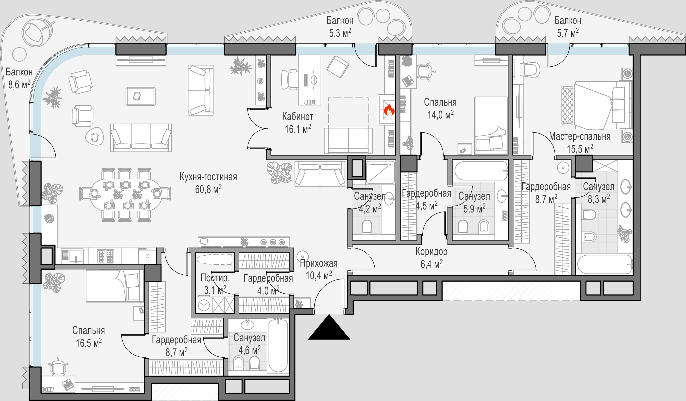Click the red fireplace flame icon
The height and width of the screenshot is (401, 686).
coord(389,110)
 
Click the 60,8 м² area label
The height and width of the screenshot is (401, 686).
coord(208,189)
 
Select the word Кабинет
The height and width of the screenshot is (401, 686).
coord(298,116)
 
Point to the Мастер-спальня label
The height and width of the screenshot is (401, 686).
coord(580,136)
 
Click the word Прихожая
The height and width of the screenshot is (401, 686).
coord(319,263)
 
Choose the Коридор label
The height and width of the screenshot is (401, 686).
coord(432,252)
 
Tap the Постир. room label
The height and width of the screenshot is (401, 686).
coord(215,278)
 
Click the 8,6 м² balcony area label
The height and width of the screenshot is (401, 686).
coord(19,84)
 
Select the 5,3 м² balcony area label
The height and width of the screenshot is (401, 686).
coord(340,33)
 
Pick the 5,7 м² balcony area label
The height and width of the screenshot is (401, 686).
coord(568,33)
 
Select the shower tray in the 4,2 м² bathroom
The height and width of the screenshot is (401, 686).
coord(380,172)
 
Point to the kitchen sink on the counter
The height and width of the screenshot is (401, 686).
coord(72,256)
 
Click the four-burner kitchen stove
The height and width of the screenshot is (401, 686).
coord(106,256)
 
